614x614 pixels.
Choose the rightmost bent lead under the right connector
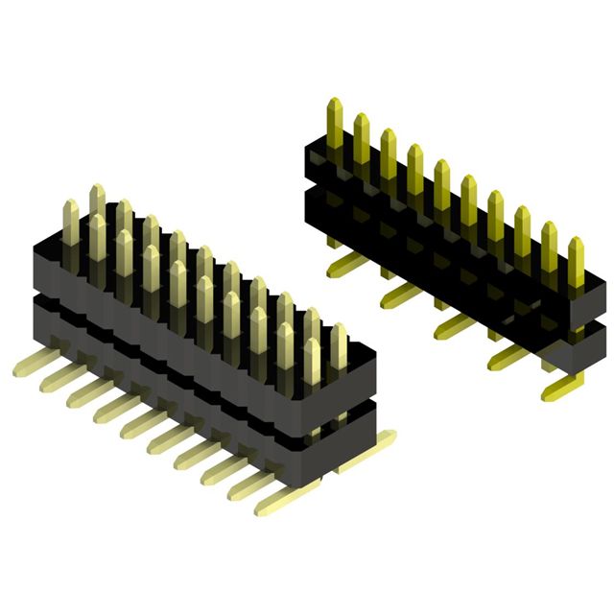(x=560, y=389)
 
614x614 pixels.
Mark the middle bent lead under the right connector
(x=451, y=326)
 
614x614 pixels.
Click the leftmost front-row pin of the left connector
(x=70, y=223)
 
